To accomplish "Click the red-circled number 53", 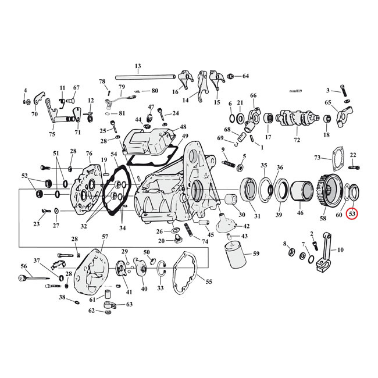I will [352, 213].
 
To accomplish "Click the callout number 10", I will [340, 249].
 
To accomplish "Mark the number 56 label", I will [24, 266].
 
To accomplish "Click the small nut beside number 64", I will [231, 77].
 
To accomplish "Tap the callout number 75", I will [52, 134].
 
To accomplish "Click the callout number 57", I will [105, 237].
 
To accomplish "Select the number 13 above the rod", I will [138, 66].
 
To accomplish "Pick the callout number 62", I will [92, 311].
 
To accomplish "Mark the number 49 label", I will [185, 137].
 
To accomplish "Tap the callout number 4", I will [25, 90].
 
